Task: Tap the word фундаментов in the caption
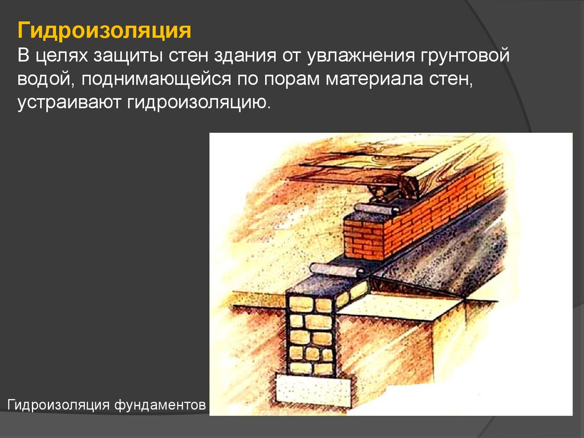[160, 404]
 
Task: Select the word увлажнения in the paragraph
[361, 56]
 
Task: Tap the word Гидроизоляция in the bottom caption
[58, 404]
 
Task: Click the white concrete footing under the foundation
[314, 390]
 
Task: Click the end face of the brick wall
[364, 239]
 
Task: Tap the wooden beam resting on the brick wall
[447, 168]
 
